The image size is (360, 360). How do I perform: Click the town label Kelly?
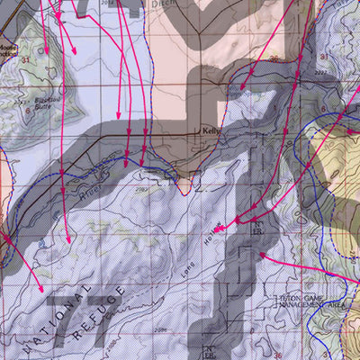click(211, 129)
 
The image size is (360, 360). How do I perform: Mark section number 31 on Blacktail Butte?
click(28, 60)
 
